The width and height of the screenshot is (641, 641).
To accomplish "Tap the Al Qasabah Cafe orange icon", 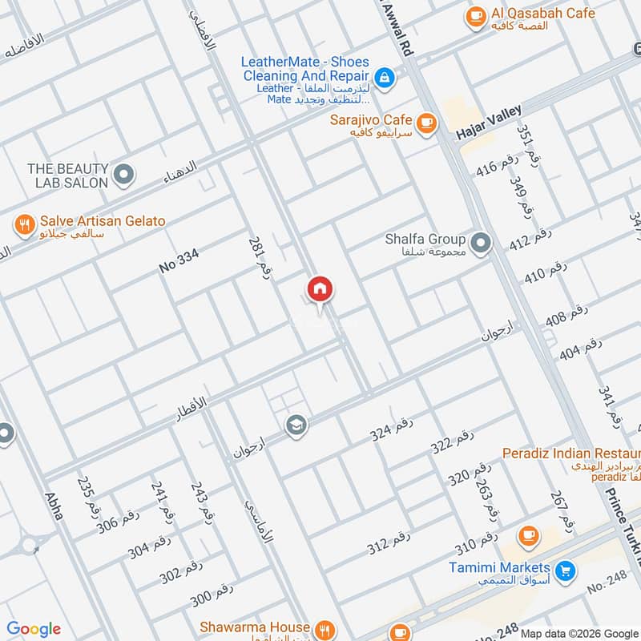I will coord(476,14).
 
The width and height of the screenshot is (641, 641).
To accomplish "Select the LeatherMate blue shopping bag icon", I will coord(385,77).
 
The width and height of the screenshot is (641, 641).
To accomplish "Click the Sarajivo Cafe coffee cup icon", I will coord(426,122).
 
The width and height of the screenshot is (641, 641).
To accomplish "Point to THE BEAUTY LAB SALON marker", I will coord(123,174).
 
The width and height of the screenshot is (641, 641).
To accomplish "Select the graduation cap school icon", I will coord(296,424).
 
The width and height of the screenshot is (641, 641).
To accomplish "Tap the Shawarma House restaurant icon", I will coord(325,628).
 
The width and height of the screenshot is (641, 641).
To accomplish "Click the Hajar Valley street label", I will coord(489,123).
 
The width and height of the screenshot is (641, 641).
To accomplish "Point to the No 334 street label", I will coord(178,261).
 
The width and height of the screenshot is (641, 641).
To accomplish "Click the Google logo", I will coord(33,629).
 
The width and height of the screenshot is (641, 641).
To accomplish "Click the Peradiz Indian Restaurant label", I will coord(570,454).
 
